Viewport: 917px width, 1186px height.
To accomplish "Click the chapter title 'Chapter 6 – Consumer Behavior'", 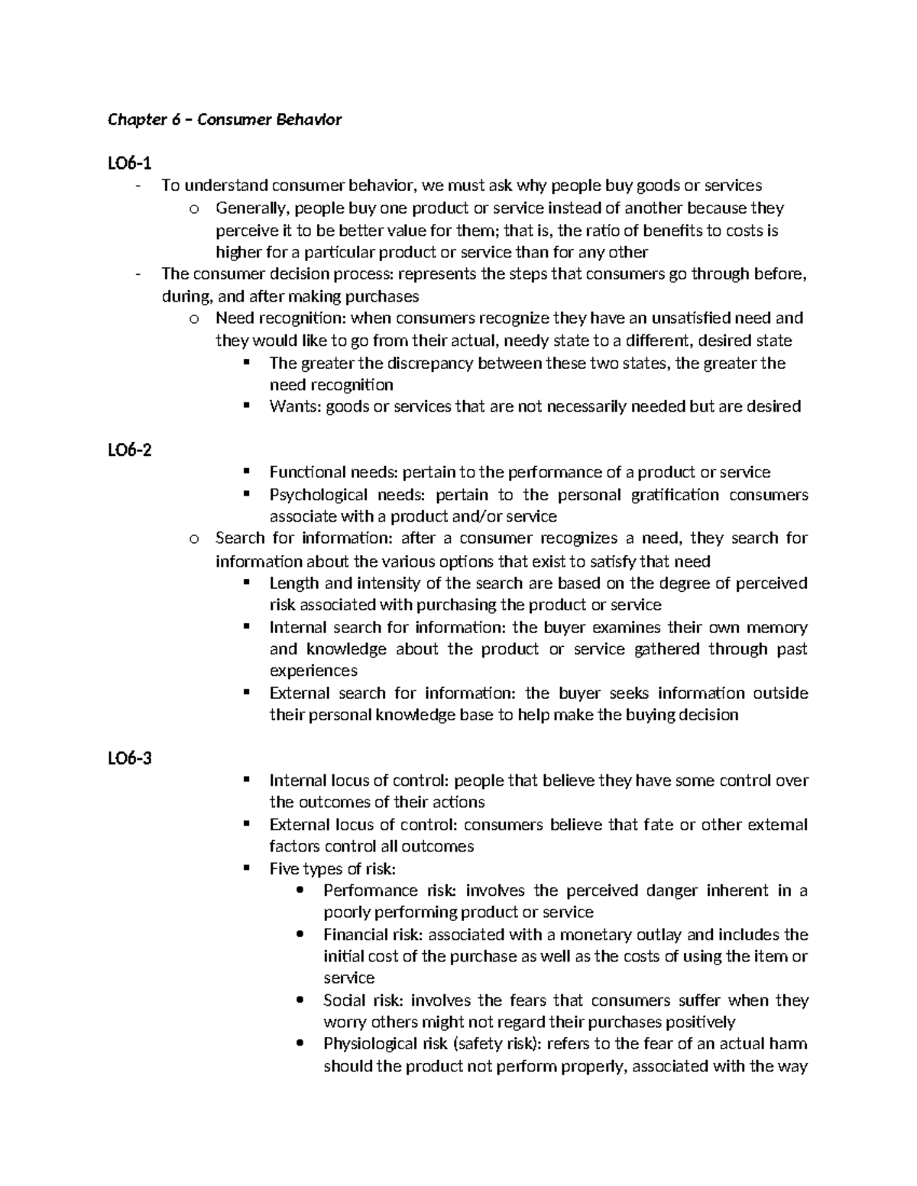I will [225, 120].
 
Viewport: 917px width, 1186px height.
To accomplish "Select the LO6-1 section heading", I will [129, 163].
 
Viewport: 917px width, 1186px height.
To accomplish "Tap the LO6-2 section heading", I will [129, 450].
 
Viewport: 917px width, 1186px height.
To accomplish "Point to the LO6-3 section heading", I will [129, 758].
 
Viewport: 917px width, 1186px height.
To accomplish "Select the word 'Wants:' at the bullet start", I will [295, 406].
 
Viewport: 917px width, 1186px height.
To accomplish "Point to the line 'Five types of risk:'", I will [332, 869].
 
